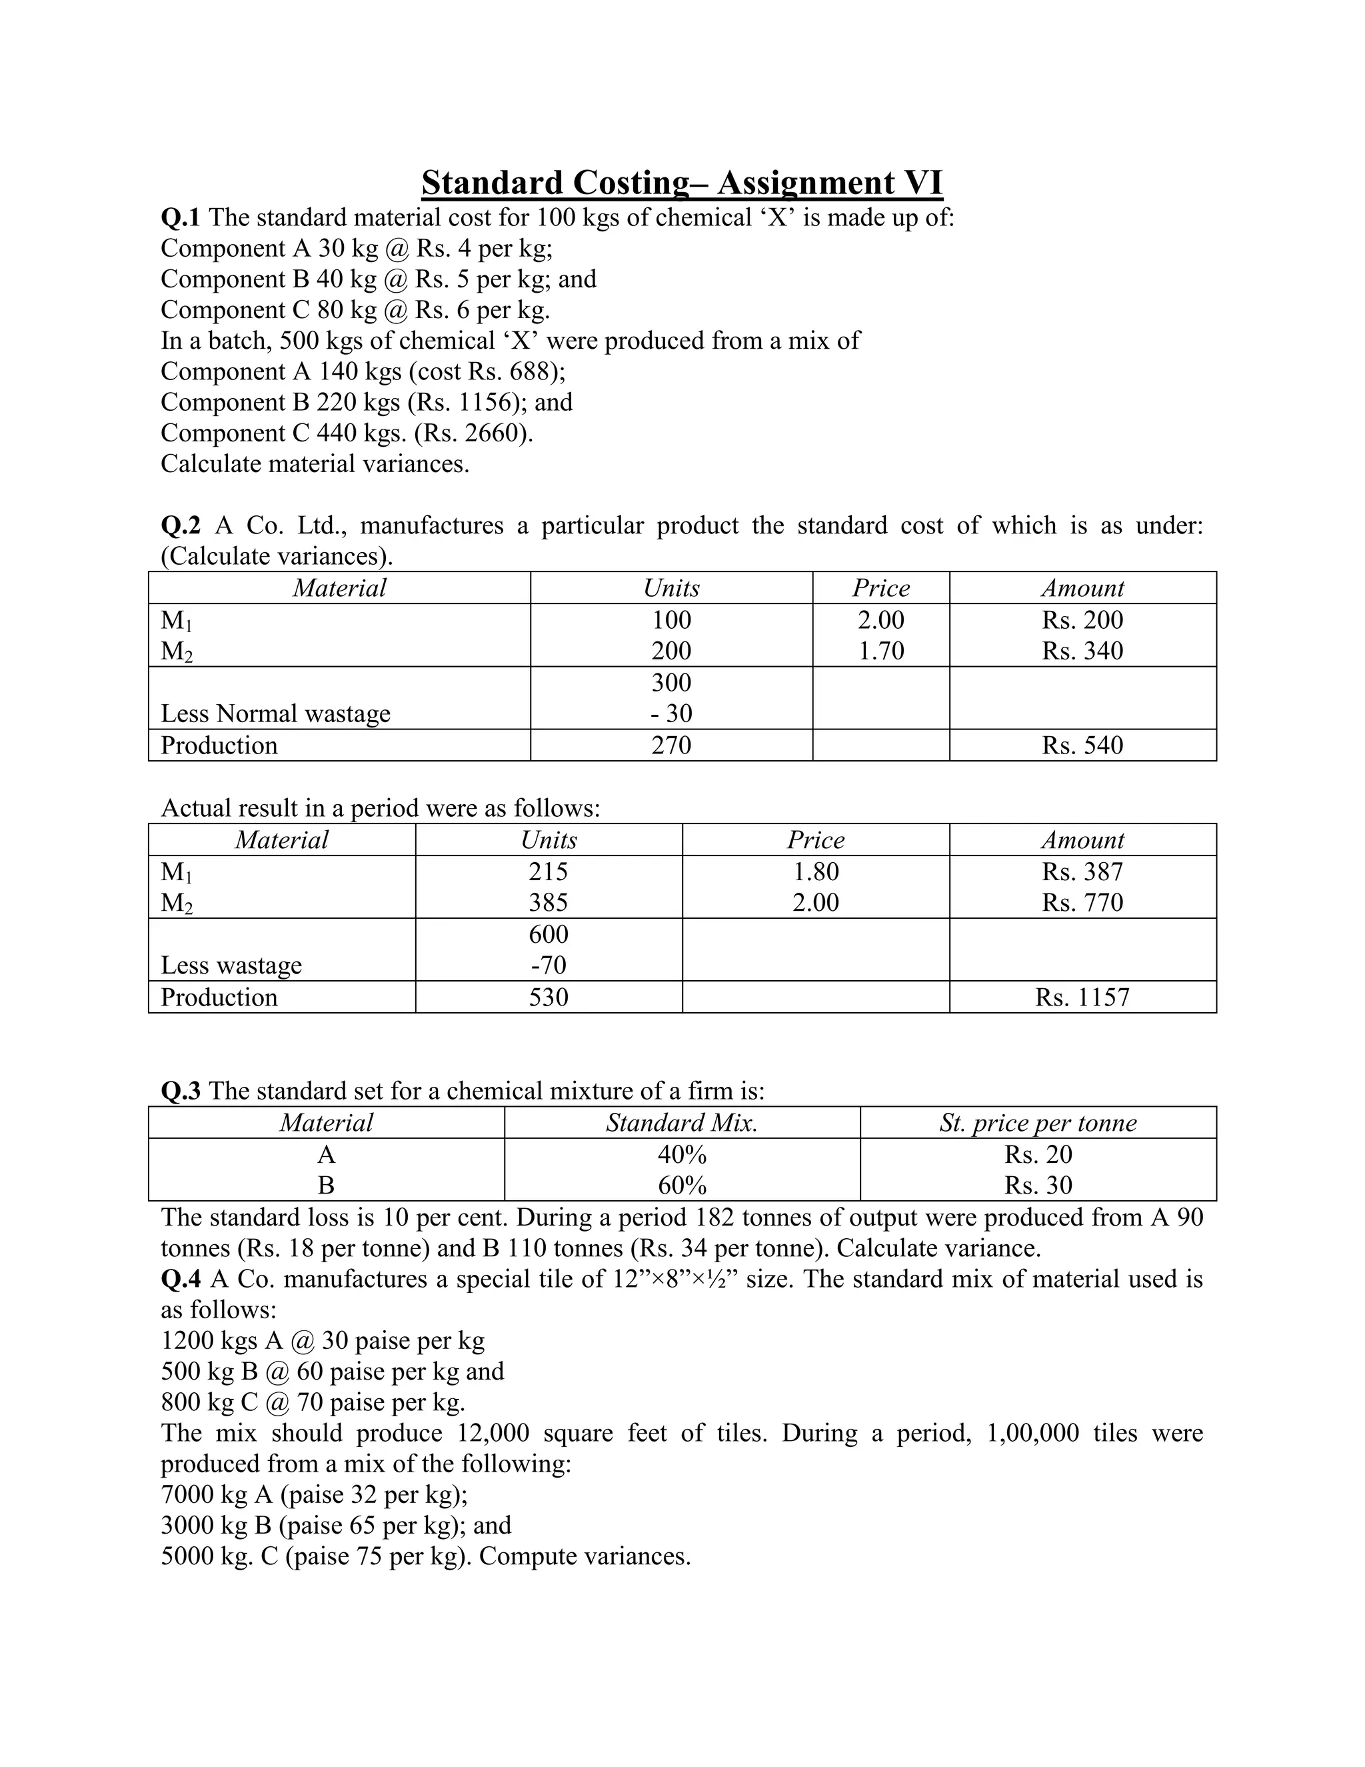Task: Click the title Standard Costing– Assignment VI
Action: pos(682,183)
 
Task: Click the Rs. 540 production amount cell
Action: pos(1082,745)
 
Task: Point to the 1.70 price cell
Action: pos(880,651)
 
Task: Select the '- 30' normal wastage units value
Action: pos(671,713)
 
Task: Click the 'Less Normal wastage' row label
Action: pos(275,713)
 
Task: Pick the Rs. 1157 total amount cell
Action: pos(1082,997)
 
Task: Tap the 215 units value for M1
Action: pos(549,871)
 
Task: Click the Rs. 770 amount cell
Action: pos(1082,902)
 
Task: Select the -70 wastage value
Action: pos(549,966)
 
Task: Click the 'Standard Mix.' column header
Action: pos(682,1123)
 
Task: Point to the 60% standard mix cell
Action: pos(682,1186)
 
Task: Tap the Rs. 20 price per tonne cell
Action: pos(1038,1154)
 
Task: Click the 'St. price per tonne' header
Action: pos(1038,1123)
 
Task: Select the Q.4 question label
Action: pos(181,1279)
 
